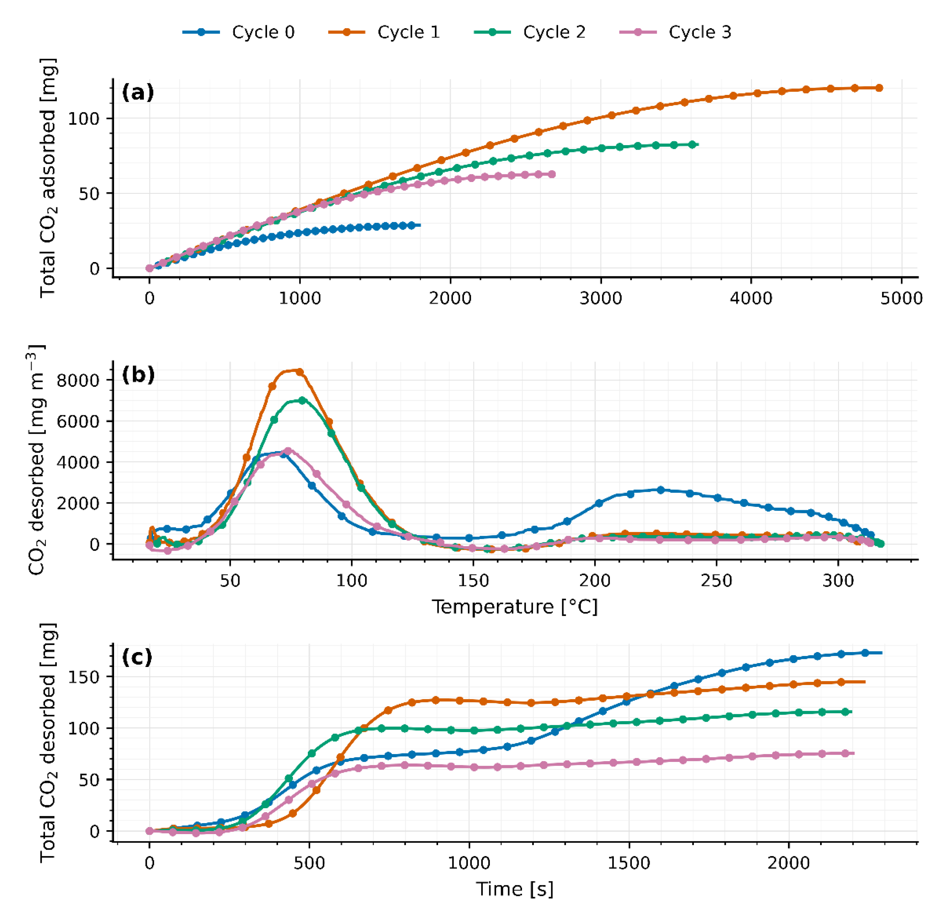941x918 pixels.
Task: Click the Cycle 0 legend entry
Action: tap(239, 32)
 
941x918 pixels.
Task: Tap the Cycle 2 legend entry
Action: tap(530, 32)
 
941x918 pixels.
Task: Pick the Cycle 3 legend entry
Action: tap(676, 32)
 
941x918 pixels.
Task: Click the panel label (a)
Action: tap(138, 92)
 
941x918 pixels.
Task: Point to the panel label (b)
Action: tap(138, 375)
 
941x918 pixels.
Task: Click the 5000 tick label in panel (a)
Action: tap(901, 298)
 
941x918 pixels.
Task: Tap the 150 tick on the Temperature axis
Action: tap(473, 580)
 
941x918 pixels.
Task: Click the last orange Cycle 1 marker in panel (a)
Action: tap(879, 88)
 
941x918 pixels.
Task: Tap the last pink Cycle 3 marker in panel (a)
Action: tap(552, 174)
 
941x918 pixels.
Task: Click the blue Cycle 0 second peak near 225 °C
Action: tap(661, 490)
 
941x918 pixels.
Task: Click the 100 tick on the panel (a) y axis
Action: tap(83, 119)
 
